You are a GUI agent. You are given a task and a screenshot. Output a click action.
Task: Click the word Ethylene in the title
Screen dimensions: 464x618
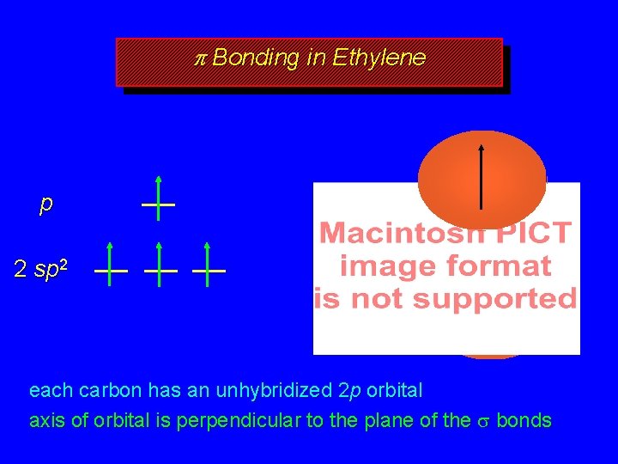pyautogui.click(x=379, y=58)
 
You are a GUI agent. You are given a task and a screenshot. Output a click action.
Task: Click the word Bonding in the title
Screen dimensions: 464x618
pyautogui.click(x=255, y=58)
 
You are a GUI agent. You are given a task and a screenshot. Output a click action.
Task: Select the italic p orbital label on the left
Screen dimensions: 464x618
pyautogui.click(x=45, y=205)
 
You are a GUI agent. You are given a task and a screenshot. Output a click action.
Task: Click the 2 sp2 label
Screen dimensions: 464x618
pyautogui.click(x=40, y=269)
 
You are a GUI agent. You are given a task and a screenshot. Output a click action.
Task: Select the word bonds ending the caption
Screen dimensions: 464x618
pyautogui.click(x=524, y=420)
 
